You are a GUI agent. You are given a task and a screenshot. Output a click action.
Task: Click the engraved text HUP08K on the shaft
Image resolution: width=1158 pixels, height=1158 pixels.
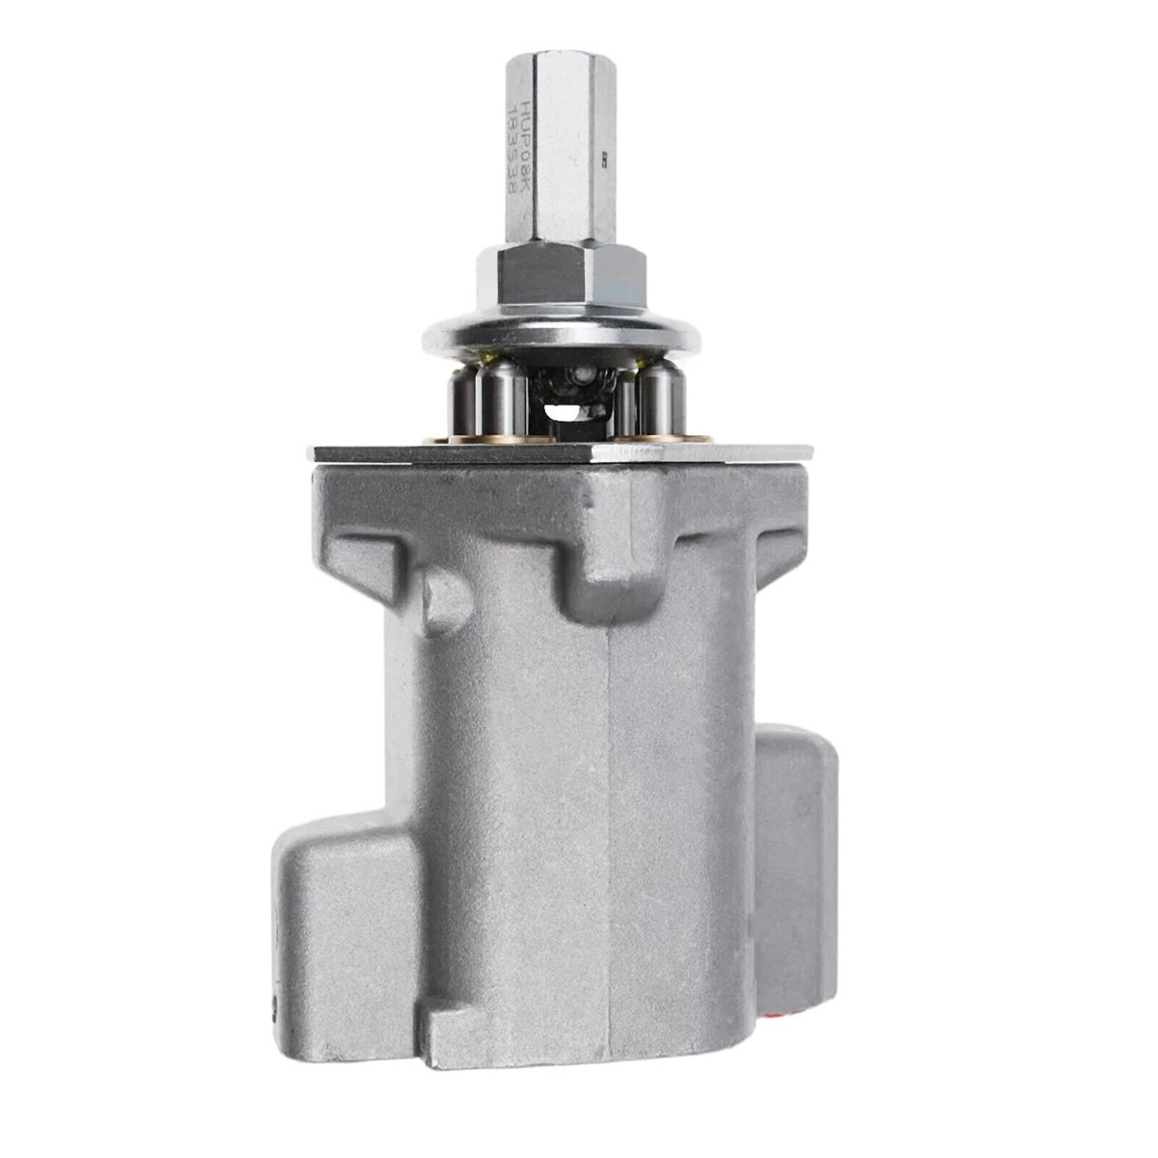[x=527, y=135]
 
